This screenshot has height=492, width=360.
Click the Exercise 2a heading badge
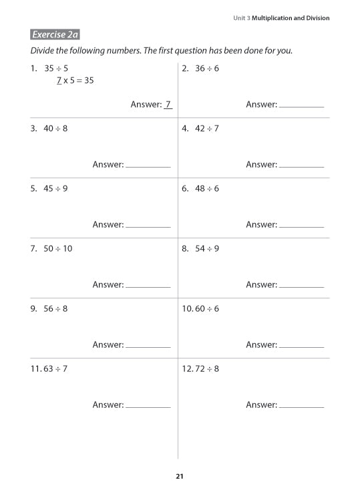coord(55,35)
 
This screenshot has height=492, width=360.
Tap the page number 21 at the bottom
coord(179,476)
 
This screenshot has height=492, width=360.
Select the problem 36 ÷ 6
coord(207,68)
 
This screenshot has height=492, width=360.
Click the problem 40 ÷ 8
coord(55,128)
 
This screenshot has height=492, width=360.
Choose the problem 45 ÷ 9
coord(55,188)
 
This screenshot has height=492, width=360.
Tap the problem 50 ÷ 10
coord(58,248)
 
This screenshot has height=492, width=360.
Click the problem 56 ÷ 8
coord(55,308)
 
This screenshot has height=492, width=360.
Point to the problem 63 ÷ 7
coord(55,368)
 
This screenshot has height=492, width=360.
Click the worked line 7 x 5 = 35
coord(75,81)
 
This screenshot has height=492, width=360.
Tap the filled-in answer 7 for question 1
coord(168,104)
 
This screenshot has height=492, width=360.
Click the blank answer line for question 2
coord(301,106)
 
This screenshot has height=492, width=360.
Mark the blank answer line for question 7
coord(148,286)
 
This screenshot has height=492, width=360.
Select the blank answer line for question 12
coord(301,407)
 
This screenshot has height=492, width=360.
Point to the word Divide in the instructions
coord(44,51)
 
